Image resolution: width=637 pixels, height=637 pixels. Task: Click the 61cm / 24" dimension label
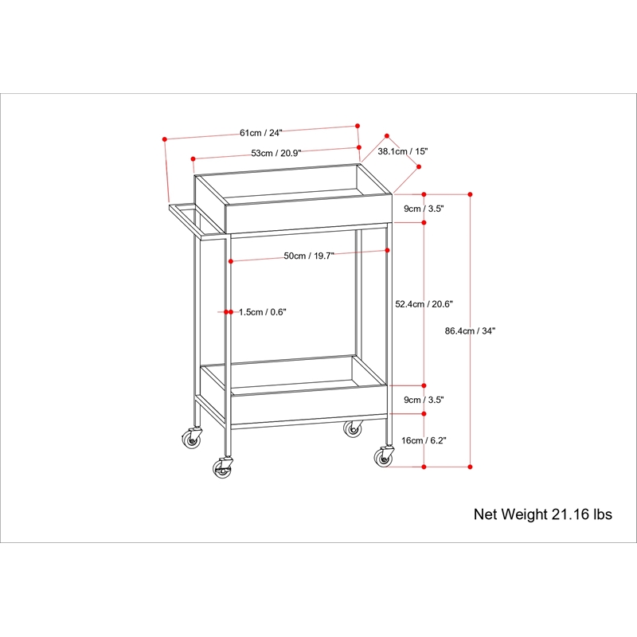point(261,133)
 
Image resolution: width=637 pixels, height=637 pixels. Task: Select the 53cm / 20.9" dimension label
point(276,153)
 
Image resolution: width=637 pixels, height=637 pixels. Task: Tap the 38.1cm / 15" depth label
point(403,151)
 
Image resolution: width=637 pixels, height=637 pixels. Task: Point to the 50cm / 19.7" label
point(309,256)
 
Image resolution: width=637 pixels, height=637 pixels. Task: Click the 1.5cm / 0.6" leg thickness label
point(263,312)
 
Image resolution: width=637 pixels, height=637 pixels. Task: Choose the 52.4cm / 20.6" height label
point(424,304)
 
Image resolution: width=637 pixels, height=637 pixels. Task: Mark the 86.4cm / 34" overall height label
point(470,330)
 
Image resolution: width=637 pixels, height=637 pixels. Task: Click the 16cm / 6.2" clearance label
point(424,440)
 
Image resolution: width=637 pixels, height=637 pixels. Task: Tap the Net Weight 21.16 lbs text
point(543,514)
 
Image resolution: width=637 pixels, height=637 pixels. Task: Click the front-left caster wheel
point(222,467)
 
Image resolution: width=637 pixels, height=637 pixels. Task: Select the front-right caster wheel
point(384,456)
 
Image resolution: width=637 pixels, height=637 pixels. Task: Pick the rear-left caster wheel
point(191,439)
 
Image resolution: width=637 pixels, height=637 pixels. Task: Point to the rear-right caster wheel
point(353,428)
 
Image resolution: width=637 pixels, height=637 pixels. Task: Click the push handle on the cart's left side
point(197,221)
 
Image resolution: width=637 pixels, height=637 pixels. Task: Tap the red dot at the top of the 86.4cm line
point(470,194)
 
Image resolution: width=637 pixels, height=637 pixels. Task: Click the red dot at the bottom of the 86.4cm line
point(470,467)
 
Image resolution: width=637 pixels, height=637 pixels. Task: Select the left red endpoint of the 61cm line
point(165,139)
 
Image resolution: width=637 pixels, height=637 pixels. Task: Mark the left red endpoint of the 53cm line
point(193,158)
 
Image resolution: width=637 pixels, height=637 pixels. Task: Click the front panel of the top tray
point(309,214)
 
